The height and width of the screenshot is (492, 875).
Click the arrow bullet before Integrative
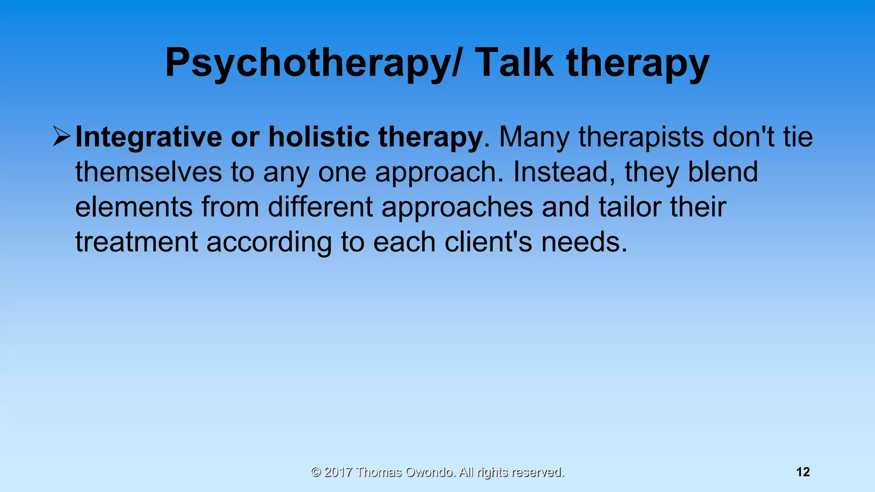point(62,137)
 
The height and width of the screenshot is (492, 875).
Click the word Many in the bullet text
point(534,138)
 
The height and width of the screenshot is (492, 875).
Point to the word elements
point(134,207)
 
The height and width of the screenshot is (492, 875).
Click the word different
point(320,207)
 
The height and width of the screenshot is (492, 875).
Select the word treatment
point(136,242)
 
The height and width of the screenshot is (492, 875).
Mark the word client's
point(488,242)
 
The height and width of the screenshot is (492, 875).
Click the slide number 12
point(803,472)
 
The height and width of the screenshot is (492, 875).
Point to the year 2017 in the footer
point(338,472)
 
